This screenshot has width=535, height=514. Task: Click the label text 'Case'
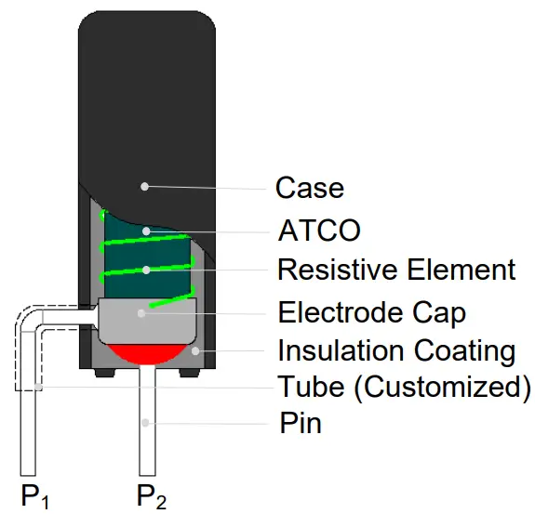point(310,189)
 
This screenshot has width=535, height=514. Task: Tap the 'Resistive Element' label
point(396,270)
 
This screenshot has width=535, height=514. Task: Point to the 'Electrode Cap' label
point(372,311)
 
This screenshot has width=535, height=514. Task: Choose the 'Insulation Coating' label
point(396,351)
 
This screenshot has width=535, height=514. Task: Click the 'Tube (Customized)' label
point(405,386)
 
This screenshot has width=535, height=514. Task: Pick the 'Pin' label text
point(301,425)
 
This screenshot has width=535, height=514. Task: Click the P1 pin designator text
point(35,496)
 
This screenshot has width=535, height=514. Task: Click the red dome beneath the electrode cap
point(147,352)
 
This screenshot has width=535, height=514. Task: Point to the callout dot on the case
point(144,186)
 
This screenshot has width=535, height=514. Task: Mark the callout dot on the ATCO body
point(145,230)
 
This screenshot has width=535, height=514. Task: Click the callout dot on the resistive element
point(146,270)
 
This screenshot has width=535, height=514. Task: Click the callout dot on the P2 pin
point(144,424)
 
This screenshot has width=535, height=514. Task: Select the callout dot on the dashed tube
point(36,386)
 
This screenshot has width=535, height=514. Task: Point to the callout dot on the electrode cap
point(141,312)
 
